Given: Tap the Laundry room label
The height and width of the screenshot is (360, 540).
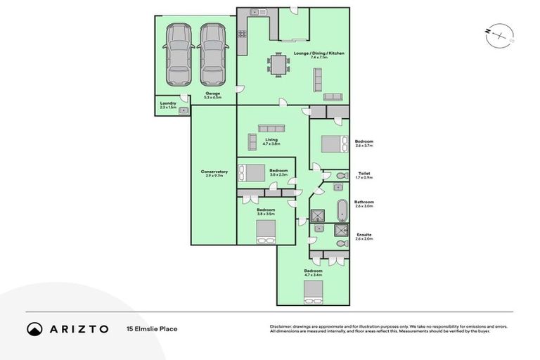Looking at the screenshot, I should [167, 105].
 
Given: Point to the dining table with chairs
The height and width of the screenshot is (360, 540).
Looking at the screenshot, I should [278, 66].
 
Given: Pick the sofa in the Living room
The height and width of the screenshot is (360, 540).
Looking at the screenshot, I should [271, 128].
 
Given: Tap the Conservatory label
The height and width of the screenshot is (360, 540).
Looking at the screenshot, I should [214, 173].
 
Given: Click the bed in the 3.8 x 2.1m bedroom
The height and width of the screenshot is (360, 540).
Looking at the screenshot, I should [252, 173].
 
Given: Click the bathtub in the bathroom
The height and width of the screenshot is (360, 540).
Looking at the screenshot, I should [342, 210].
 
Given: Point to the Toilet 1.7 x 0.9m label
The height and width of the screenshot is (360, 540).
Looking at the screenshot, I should [364, 175].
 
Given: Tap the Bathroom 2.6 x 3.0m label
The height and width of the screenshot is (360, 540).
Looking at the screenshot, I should [364, 203].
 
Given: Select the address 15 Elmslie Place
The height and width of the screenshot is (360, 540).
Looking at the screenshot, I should [152, 328].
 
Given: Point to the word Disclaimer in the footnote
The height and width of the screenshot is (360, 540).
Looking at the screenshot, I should [283, 326].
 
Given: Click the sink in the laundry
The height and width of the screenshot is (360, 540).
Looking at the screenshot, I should [184, 110].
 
